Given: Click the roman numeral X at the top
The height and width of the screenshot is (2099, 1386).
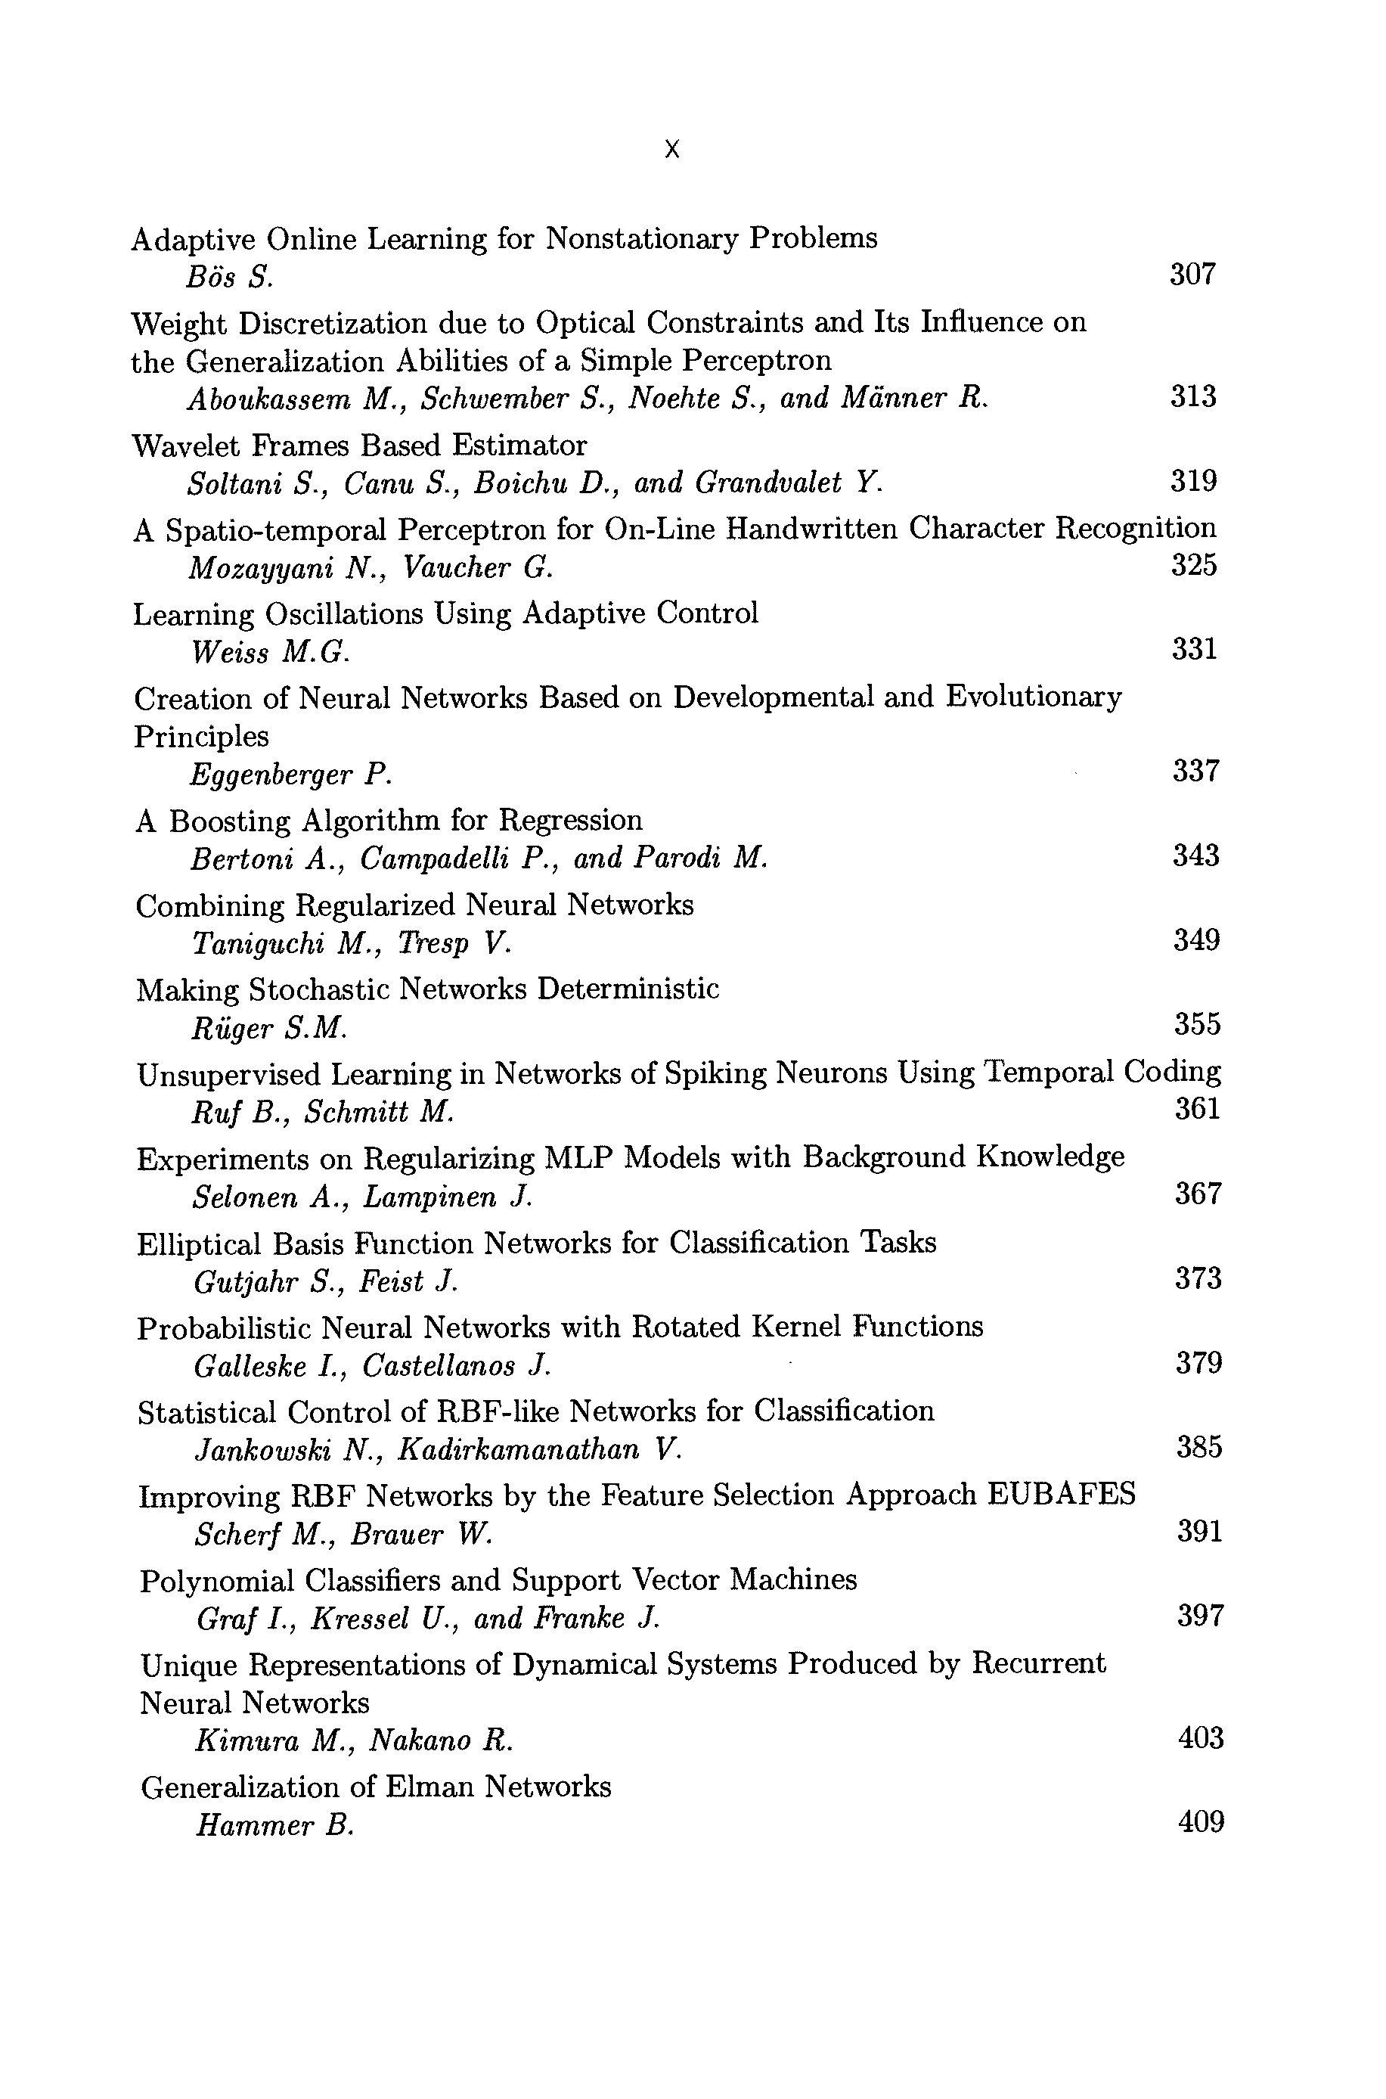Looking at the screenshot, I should [x=671, y=150].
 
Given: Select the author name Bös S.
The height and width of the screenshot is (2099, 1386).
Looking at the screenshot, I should [x=229, y=278].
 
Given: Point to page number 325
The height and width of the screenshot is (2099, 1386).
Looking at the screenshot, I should [x=1193, y=564].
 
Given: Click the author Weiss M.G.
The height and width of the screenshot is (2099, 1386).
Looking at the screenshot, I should [x=270, y=653].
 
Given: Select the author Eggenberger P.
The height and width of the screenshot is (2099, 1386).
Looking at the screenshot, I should [x=290, y=775].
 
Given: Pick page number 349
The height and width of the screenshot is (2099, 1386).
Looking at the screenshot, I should [x=1196, y=940].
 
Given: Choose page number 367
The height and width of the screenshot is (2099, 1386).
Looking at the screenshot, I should [x=1198, y=1194].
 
